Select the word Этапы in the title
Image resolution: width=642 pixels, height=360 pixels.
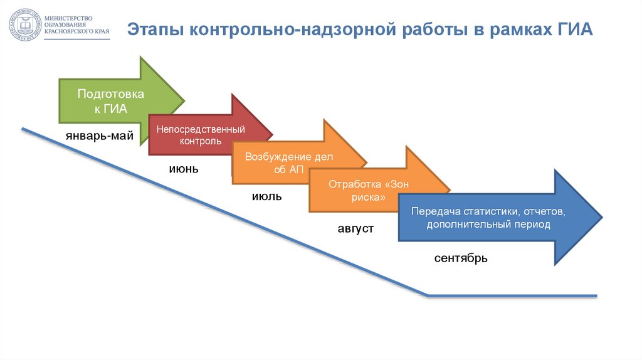point(155,30)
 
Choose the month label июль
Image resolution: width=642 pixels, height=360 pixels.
point(266,196)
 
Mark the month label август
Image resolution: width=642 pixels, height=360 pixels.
point(355,229)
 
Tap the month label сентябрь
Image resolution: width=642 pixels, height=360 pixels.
point(461,258)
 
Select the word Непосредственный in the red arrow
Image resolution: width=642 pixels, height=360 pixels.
point(201,129)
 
